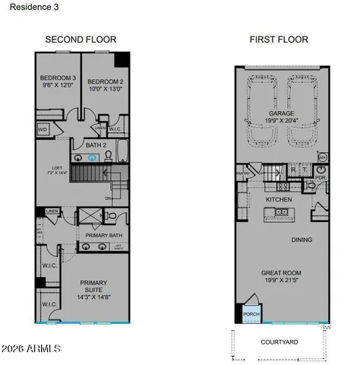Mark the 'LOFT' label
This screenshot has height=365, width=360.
click(x=49, y=170)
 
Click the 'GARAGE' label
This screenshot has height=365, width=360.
click(x=280, y=114)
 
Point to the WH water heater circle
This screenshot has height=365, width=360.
click(x=322, y=157)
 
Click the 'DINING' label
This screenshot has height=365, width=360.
click(x=303, y=240)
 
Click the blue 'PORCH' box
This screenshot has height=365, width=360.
click(x=249, y=313)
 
